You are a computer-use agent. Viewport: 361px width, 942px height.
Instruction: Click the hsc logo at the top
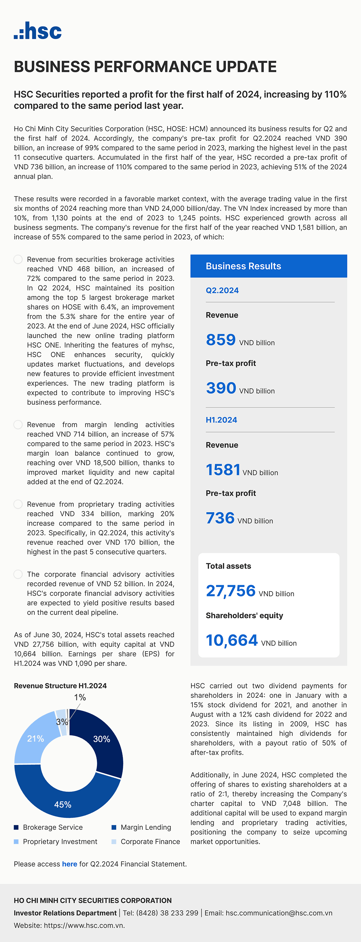click(38, 31)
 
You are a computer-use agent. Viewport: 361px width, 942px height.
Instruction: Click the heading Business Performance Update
click(145, 67)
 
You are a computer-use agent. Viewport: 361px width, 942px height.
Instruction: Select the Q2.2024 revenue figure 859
click(221, 340)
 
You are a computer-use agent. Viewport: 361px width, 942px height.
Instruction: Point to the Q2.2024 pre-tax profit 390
click(221, 388)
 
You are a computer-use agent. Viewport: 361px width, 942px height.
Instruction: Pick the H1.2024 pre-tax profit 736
click(220, 518)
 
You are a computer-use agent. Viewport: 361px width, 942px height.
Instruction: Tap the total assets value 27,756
click(231, 591)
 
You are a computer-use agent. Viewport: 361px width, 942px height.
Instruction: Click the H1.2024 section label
click(221, 420)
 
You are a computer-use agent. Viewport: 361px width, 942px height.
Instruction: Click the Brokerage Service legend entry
click(53, 827)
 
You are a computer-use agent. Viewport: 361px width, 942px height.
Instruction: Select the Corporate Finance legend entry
click(150, 841)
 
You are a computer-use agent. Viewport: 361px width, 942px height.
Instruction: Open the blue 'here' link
click(69, 864)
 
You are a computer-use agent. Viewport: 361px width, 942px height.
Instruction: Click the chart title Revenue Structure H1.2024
click(60, 686)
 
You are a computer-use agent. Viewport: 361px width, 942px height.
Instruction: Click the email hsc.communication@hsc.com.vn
click(279, 913)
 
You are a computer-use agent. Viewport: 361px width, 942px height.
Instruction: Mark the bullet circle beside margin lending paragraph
click(18, 425)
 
